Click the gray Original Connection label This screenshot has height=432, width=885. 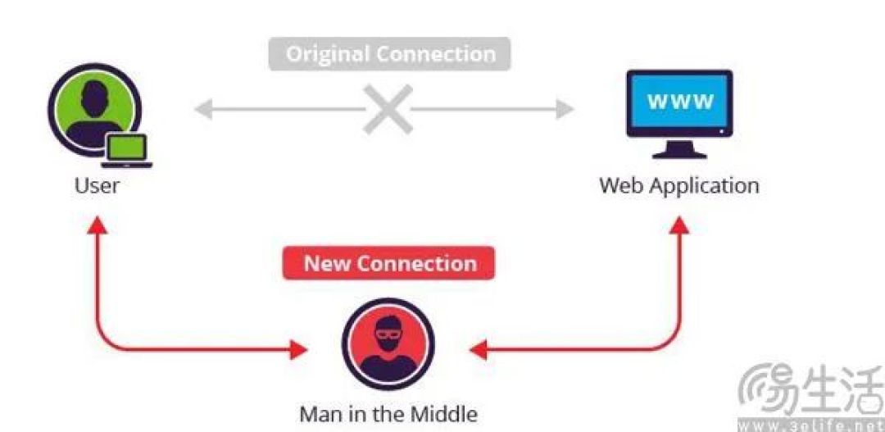(x=389, y=54)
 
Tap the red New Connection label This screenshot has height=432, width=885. (x=389, y=263)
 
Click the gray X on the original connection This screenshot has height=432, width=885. (x=388, y=109)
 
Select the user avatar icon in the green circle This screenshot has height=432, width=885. (x=93, y=110)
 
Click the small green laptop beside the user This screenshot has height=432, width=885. (x=127, y=151)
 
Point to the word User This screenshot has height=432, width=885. (x=97, y=185)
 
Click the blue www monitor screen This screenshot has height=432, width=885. (x=679, y=101)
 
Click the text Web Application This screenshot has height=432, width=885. (x=679, y=185)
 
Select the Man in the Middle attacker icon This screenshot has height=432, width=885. (x=388, y=344)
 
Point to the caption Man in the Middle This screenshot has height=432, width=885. (x=388, y=414)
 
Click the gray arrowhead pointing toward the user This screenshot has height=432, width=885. (x=203, y=109)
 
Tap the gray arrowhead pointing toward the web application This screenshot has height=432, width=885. (x=565, y=109)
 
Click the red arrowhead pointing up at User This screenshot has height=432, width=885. (x=97, y=225)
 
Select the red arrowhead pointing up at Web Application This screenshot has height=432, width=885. (x=679, y=225)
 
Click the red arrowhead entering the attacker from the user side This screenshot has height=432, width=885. (x=298, y=349)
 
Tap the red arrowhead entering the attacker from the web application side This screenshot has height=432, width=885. (x=479, y=349)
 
